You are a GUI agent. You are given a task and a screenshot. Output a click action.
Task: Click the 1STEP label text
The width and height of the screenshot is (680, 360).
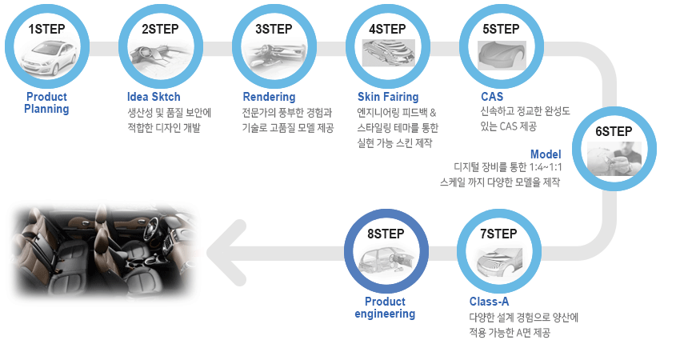[x=46, y=29]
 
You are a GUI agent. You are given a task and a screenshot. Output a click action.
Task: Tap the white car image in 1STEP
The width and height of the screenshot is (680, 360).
[x=47, y=58]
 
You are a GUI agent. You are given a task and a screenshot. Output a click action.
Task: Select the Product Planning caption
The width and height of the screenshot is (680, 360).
[x=46, y=102]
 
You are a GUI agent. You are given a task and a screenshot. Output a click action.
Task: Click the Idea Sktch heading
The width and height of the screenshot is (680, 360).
[x=154, y=97]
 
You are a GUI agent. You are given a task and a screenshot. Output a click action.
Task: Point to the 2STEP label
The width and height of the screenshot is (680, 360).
[x=160, y=29]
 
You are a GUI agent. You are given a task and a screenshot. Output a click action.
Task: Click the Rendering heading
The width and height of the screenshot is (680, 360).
[x=269, y=97]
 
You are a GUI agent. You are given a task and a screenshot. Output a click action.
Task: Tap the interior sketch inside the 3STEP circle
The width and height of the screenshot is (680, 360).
[x=274, y=56]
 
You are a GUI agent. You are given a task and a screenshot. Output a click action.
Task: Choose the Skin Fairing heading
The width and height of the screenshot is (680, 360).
[x=388, y=97]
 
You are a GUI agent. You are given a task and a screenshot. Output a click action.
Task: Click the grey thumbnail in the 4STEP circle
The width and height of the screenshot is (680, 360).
[x=388, y=53]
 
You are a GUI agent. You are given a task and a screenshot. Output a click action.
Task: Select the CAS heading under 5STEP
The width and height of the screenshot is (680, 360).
[x=492, y=97]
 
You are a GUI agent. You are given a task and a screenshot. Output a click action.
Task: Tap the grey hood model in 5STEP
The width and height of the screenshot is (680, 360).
[x=502, y=55]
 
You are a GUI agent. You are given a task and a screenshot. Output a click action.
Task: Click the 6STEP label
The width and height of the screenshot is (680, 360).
[x=614, y=131]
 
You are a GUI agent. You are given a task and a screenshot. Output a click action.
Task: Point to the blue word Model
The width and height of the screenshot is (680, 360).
[x=546, y=154]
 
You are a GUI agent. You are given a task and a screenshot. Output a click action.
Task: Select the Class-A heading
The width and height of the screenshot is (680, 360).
[x=489, y=302]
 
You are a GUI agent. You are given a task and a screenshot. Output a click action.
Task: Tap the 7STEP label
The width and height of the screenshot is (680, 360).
[x=498, y=234]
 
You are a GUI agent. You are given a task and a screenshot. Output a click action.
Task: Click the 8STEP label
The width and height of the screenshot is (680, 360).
[x=386, y=234]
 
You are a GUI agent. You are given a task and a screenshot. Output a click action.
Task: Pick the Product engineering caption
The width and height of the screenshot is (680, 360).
[x=385, y=307]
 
